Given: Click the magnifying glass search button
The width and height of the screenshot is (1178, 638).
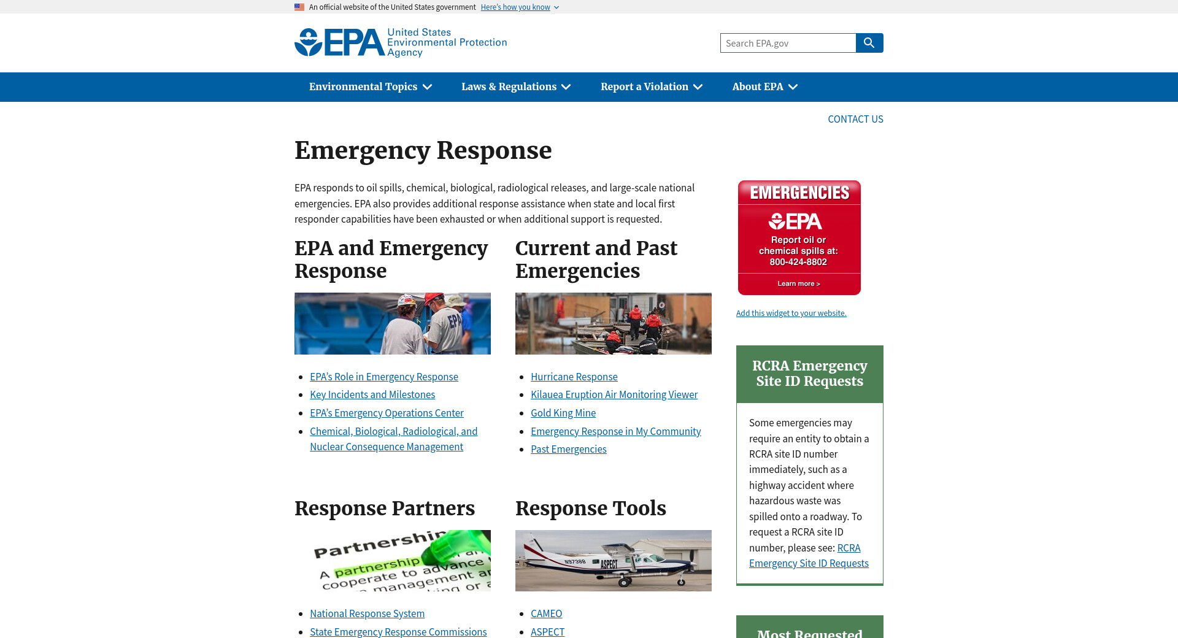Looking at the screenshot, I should [869, 43].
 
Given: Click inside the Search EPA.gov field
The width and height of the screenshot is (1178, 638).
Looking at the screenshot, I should [788, 43].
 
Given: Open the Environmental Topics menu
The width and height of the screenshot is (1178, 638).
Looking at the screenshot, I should [370, 87].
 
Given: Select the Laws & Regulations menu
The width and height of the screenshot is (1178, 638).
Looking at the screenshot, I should [515, 87].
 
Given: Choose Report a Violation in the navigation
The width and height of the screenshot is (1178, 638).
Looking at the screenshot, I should [651, 87].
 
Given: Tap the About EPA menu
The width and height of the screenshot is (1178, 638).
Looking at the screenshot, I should [764, 87].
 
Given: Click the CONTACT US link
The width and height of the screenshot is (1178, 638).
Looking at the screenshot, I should [855, 119].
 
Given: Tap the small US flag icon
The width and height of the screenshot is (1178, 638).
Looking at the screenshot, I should [299, 7].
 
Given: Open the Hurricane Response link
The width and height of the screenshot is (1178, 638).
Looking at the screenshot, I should [574, 377].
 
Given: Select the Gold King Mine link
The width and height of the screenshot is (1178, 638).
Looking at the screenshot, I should [563, 413].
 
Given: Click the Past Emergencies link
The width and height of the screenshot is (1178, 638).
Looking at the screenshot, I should [568, 449].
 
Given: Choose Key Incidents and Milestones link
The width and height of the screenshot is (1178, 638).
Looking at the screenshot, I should [372, 394].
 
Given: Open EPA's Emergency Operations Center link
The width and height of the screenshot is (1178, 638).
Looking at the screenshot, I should [387, 413].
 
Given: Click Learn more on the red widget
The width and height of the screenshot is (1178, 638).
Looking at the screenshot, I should [798, 283].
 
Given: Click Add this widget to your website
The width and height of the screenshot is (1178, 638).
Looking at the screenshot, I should [791, 313].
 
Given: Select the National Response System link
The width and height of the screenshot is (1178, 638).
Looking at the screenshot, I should [367, 613].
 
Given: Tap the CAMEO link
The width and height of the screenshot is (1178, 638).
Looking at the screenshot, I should [546, 613].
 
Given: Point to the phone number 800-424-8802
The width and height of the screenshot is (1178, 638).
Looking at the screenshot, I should [798, 262].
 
